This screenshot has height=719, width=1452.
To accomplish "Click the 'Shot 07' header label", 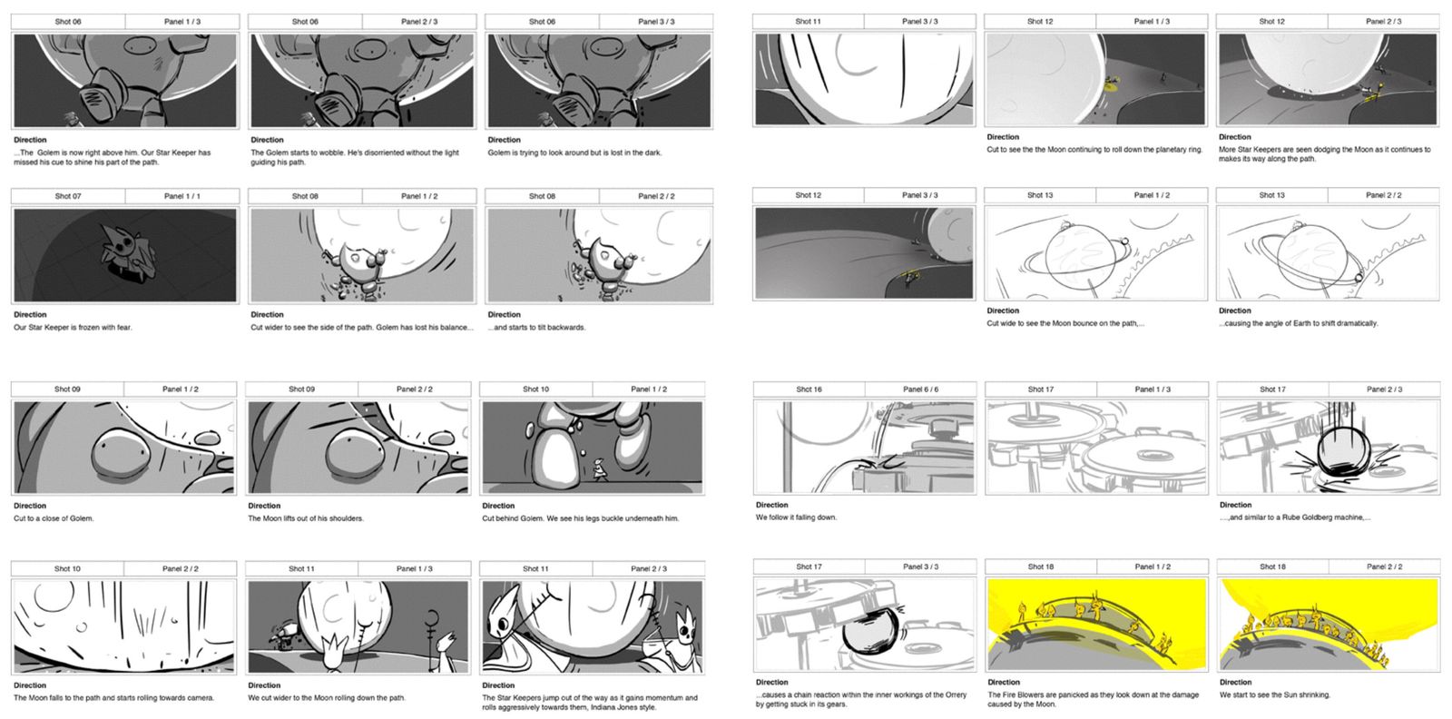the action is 68,196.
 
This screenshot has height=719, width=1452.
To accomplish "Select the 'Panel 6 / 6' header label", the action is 920,389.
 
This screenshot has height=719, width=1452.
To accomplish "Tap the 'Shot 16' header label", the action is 809,389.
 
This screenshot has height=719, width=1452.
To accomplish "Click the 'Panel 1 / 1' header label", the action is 182,196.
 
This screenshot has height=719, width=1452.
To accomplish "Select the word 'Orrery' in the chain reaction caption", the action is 957,694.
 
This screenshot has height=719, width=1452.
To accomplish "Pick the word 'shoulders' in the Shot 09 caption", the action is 346,518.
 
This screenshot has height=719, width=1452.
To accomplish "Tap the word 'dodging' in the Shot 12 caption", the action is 1315,149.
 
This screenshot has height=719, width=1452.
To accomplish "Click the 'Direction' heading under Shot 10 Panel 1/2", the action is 498,506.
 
